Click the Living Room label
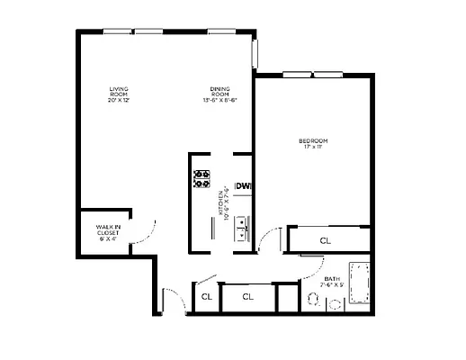119,94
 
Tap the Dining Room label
220,94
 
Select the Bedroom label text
312,143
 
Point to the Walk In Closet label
108,232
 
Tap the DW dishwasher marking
242,187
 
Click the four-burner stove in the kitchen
202,177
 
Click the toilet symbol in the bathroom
315,299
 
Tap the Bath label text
332,282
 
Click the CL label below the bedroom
325,240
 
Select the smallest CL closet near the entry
205,296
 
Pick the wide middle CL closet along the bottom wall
247,296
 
